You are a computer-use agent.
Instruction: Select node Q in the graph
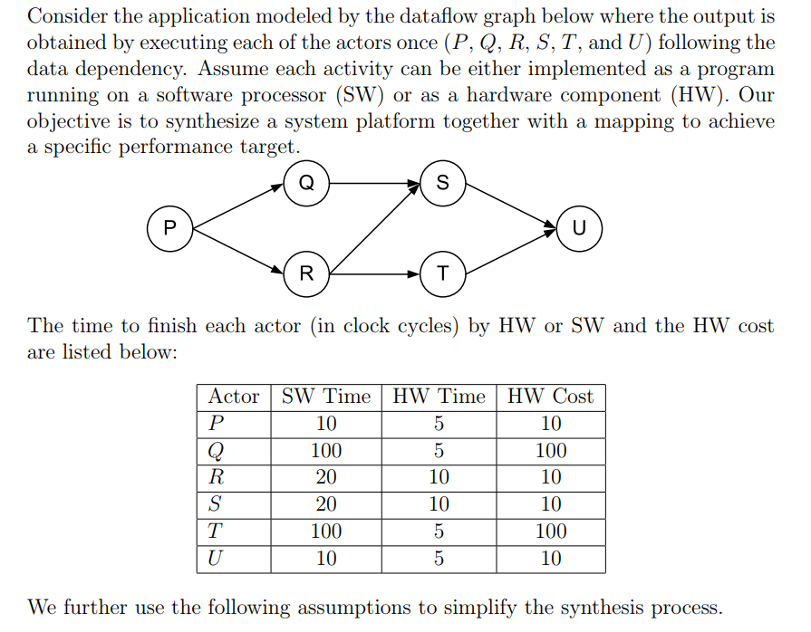tap(306, 183)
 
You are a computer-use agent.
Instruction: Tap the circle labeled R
tap(306, 273)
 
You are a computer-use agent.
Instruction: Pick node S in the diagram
tap(442, 183)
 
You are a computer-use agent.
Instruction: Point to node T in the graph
tap(442, 273)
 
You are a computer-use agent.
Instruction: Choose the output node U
tap(579, 227)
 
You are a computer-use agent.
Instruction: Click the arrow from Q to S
tap(374, 183)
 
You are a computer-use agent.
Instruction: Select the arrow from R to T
tap(374, 273)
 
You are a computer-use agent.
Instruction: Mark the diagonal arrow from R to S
tap(374, 229)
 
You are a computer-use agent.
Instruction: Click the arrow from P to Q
tap(238, 206)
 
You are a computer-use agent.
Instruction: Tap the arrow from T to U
tap(511, 250)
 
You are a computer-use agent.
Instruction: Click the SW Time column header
tap(326, 397)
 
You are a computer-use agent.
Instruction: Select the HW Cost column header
tap(550, 397)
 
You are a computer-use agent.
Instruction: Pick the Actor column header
tap(234, 397)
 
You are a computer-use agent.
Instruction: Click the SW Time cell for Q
tap(326, 451)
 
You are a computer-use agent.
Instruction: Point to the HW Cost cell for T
tap(550, 531)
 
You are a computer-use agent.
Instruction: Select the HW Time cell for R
tap(439, 477)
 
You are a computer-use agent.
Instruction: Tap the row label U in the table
tap(214, 559)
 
